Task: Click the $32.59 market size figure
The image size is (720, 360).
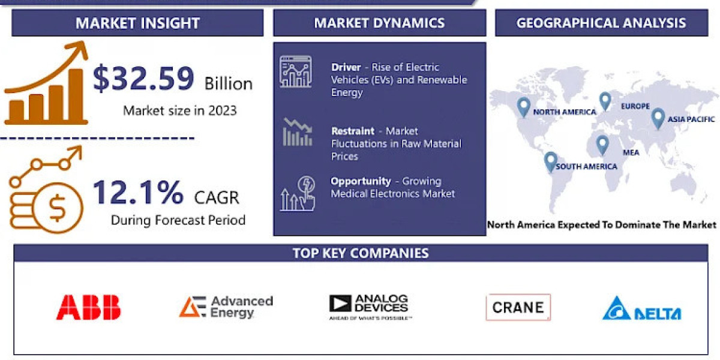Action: pos(143,79)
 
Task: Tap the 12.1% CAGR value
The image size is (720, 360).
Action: pos(138,193)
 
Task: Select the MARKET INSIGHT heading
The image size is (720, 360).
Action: pos(137,23)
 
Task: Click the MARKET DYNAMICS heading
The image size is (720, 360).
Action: pos(379,23)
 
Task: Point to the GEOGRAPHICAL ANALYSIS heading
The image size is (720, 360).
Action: pos(601,23)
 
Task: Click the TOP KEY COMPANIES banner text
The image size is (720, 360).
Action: pos(361,253)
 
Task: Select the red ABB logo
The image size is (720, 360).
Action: pos(88,307)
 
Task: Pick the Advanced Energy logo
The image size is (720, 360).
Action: pos(226,307)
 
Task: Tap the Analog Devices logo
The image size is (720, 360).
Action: pos(370,307)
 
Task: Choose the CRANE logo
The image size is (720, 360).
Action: pos(518,307)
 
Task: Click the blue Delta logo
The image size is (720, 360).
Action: pos(641,308)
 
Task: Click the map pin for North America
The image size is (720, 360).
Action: pos(524,107)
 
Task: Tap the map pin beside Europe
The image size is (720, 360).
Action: pos(605,101)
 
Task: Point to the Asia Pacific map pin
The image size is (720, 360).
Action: pos(658,118)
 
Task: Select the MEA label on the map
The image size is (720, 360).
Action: pos(631,152)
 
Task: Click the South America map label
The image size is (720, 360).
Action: pos(586,166)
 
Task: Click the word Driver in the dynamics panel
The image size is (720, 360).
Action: pos(346,67)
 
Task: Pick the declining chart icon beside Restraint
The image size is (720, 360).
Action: pos(297,133)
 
